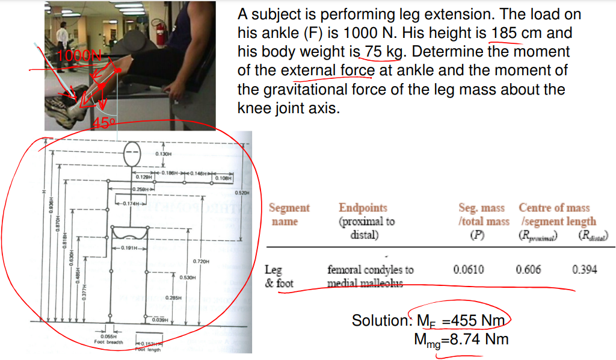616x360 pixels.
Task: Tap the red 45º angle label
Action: coord(103,123)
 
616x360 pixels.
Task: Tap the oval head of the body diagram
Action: coord(132,155)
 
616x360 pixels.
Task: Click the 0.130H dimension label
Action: coord(163,154)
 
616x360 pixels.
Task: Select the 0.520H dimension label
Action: coord(241,193)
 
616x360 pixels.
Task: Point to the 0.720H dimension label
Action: coord(200,261)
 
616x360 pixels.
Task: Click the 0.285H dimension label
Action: coord(173,298)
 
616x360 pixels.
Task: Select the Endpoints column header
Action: coord(363,208)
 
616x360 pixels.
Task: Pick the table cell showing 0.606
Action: coord(528,270)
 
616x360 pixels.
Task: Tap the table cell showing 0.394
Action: coord(585,270)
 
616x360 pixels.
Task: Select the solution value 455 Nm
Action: coord(473,320)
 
